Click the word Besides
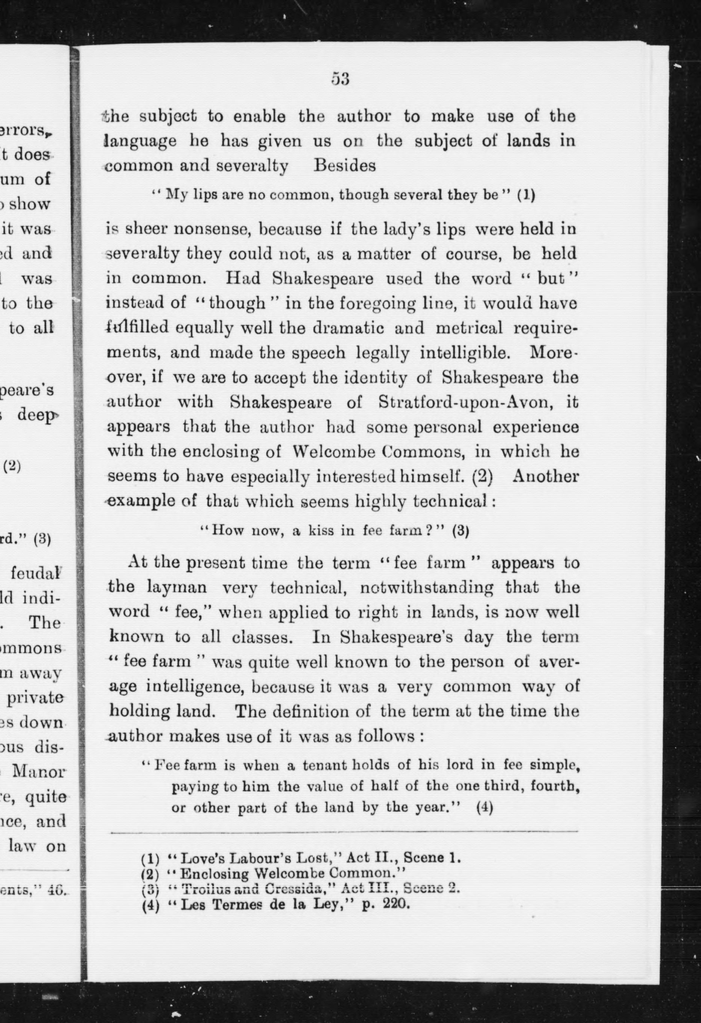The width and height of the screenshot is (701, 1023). point(344,166)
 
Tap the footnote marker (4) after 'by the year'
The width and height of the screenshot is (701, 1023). point(484,808)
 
